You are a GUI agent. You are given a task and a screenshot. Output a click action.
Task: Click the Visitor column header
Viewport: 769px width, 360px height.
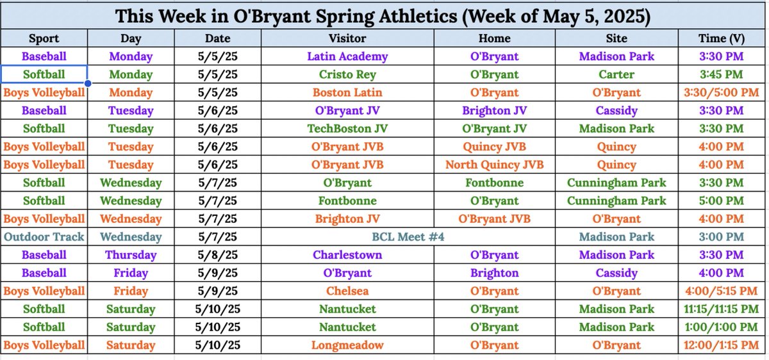347,38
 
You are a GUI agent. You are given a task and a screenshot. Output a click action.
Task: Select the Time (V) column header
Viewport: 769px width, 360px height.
721,38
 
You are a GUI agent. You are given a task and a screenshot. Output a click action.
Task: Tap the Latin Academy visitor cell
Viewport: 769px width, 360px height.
347,56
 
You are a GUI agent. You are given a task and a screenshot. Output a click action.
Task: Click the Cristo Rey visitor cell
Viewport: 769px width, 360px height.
347,74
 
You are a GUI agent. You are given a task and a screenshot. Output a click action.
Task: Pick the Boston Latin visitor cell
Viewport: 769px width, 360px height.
347,92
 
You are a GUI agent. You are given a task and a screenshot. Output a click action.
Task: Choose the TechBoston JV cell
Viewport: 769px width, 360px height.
347,129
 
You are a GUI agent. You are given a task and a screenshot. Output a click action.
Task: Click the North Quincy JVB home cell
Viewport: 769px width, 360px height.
494,165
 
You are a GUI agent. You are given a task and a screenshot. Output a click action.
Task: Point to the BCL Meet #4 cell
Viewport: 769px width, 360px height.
408,237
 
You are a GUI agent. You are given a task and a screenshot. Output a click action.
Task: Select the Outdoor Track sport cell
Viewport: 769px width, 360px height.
44,237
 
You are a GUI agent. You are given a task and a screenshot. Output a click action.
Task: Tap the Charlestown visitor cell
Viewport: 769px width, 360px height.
347,255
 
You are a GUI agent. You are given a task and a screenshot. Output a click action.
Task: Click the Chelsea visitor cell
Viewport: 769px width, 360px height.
347,291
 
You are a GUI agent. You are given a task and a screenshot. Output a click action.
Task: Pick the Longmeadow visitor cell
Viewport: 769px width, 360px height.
347,345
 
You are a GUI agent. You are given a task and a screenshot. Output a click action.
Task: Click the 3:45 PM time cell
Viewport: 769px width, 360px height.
721,74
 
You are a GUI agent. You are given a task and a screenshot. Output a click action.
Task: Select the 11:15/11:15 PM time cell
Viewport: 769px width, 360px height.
721,309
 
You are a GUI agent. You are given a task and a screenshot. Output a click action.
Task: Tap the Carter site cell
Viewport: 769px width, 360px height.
616,74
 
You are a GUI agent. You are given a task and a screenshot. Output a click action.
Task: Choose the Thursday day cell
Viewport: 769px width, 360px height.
131,255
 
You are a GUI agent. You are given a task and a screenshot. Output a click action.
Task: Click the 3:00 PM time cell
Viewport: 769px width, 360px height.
721,237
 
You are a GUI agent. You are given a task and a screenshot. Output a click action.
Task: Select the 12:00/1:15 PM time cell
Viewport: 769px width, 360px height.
721,345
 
